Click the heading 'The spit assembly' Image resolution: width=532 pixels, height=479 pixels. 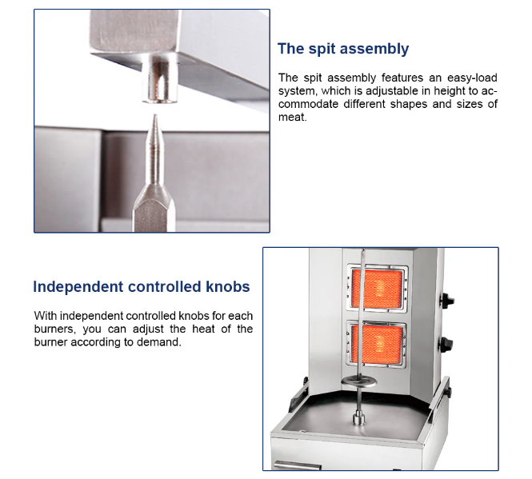pos(343,49)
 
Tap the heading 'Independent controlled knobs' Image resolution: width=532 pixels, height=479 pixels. pos(142,286)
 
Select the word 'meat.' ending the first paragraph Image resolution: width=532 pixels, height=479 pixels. pos(293,117)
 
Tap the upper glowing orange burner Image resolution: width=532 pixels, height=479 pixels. pos(378,289)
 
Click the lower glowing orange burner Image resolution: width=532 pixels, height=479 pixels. pos(378,343)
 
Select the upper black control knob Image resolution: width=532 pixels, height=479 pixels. pos(447,300)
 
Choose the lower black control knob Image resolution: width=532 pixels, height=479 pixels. pos(446,345)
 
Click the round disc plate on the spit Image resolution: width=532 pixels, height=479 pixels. pos(359,382)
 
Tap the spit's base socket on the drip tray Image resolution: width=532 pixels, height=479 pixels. pos(358,418)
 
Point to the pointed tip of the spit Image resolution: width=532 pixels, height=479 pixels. pos(155,114)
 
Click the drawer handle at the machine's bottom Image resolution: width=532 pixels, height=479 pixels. pos(298,465)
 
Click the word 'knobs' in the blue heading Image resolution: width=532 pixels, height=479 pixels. pos(228,286)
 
